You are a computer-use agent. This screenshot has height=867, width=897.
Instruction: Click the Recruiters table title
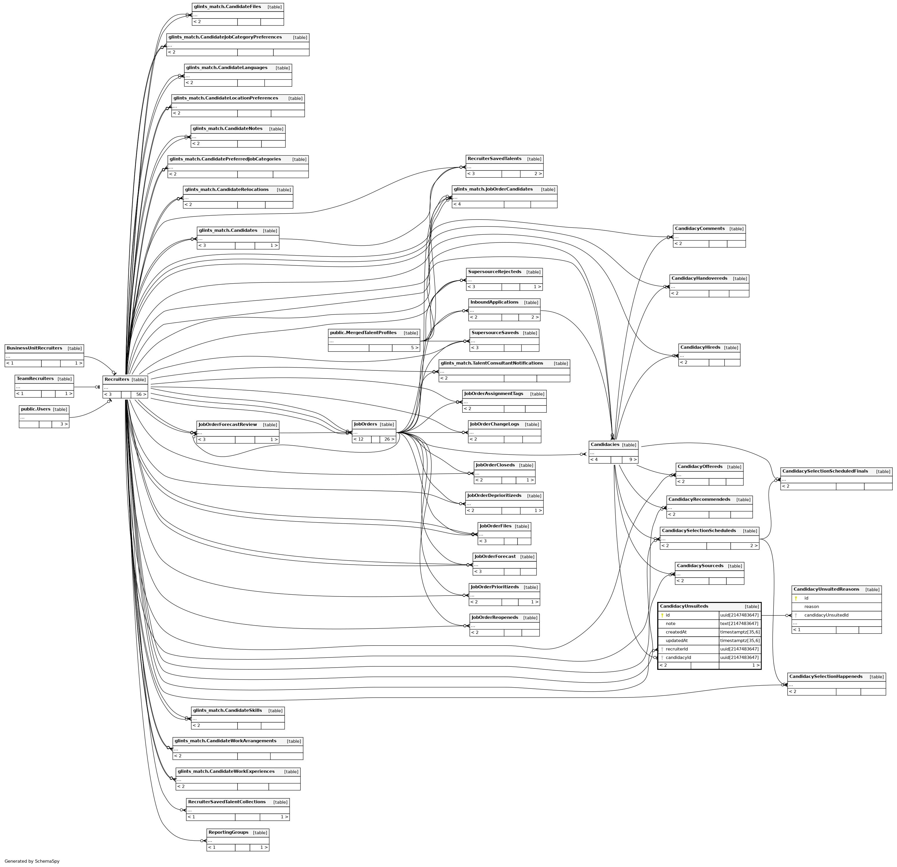pos(117,379)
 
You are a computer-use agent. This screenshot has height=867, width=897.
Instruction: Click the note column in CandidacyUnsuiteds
pos(671,623)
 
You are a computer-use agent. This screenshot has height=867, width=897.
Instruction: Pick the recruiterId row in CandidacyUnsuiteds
pos(676,649)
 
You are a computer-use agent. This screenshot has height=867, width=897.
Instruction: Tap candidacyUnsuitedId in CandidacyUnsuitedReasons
pos(826,615)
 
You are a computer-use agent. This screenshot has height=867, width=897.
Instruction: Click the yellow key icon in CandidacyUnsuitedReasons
pos(796,598)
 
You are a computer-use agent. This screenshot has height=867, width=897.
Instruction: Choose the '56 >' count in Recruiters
pos(141,395)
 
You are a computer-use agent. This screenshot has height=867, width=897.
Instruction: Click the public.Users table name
pos(36,409)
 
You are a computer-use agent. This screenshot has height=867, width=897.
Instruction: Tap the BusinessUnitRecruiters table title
pos(34,348)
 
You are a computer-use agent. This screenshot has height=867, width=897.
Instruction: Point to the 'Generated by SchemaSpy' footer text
pos(32,861)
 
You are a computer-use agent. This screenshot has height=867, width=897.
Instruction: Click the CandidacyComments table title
pos(699,228)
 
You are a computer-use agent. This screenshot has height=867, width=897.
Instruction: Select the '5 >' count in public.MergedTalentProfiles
pos(414,348)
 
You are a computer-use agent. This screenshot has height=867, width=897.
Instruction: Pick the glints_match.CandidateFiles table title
pos(227,7)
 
